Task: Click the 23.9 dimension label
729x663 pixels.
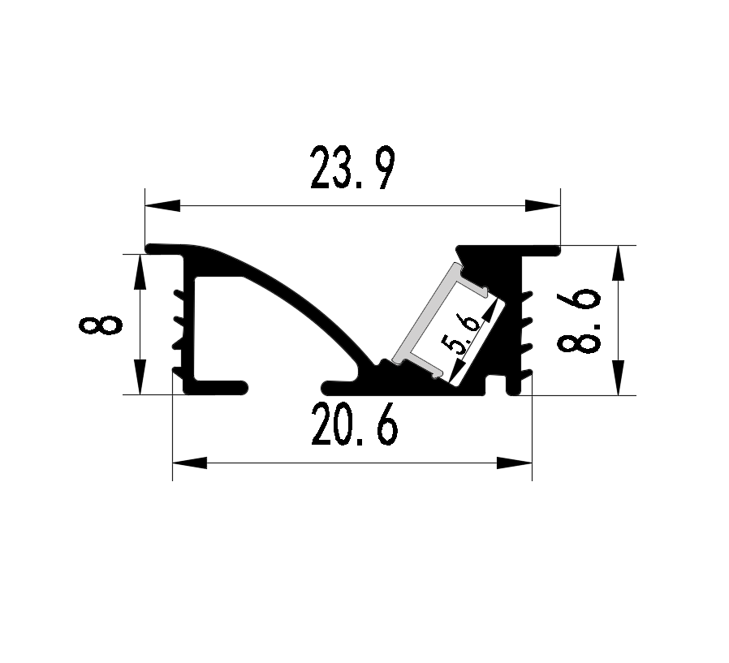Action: (353, 168)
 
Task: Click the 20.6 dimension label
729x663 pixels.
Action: (355, 424)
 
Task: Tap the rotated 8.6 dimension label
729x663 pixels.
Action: (578, 321)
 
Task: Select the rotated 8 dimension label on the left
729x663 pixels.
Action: (101, 325)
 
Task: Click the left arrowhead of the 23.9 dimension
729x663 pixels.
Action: (162, 205)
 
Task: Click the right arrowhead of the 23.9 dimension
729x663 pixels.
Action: (542, 205)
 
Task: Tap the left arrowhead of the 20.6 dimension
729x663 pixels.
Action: (190, 463)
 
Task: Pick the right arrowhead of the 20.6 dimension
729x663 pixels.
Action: (514, 463)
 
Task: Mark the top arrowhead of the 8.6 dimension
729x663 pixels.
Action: (618, 263)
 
